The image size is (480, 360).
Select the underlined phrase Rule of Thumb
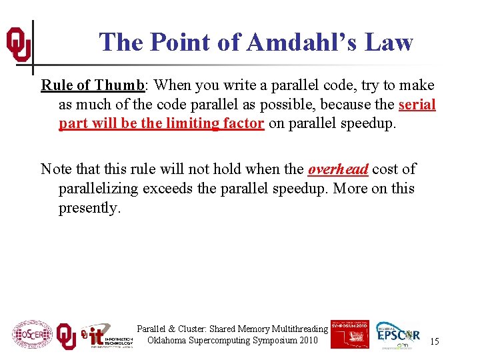click(x=93, y=85)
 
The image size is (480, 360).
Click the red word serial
click(x=417, y=105)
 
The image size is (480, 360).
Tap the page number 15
click(x=434, y=341)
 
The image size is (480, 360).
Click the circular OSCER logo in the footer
click(x=32, y=335)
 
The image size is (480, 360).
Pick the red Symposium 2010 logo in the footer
click(x=349, y=334)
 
